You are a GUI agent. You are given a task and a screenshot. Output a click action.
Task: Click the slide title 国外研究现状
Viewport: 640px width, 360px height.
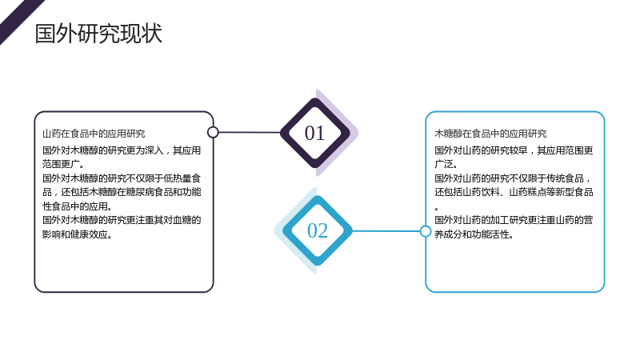tap(98, 34)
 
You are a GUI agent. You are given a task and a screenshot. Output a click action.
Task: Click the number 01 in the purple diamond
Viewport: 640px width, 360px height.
tap(314, 133)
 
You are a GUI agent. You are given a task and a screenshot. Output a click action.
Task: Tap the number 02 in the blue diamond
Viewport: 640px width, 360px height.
tap(317, 230)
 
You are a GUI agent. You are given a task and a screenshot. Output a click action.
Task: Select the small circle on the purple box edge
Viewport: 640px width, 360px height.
tap(213, 132)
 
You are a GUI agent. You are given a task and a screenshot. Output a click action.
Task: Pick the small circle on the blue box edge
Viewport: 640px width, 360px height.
tap(426, 231)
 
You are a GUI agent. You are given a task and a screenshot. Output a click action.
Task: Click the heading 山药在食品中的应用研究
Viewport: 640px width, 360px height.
tap(94, 134)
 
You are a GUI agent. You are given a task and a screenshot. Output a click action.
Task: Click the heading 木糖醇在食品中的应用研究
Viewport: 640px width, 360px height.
tap(490, 134)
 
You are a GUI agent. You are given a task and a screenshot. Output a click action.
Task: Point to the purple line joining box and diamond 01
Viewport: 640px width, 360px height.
tap(250, 132)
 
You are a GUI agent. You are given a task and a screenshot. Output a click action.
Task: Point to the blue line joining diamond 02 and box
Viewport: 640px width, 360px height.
tap(386, 231)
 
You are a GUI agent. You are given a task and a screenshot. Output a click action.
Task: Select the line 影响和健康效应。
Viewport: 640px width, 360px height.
tap(77, 234)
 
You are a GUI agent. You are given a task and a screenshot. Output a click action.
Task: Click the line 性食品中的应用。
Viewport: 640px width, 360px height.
tap(77, 206)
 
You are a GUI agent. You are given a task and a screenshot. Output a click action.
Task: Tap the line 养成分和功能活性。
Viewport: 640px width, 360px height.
tap(474, 234)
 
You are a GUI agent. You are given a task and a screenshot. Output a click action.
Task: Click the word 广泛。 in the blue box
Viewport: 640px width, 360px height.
tap(446, 164)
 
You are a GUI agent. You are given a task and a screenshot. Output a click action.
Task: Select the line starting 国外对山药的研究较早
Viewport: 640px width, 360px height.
tap(514, 150)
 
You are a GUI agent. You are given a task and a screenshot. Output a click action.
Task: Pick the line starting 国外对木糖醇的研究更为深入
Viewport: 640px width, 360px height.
tap(122, 150)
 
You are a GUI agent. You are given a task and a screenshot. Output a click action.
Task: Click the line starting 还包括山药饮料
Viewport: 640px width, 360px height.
tap(514, 192)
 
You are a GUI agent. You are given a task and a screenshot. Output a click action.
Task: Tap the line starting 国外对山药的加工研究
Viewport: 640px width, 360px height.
tap(514, 220)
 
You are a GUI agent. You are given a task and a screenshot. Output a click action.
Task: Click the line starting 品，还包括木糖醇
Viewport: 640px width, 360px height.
tap(122, 192)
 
